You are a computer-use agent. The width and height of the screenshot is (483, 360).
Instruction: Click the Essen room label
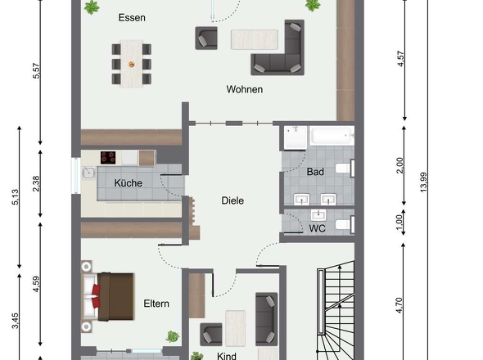(x=132, y=17)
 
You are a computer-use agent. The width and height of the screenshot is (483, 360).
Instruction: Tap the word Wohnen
(x=245, y=89)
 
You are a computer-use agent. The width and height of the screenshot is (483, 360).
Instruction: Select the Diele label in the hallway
(x=232, y=200)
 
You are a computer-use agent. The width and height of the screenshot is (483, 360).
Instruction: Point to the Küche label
(x=129, y=183)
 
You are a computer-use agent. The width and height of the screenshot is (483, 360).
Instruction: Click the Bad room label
(x=315, y=172)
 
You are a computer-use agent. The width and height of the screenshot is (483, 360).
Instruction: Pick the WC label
(x=318, y=228)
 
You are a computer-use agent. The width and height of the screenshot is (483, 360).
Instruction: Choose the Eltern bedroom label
(x=156, y=304)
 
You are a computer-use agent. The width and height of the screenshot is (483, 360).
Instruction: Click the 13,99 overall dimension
(x=424, y=182)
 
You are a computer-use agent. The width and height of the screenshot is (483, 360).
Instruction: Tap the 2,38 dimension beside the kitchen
(x=36, y=183)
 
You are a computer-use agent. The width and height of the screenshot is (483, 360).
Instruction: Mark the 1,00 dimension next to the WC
(x=399, y=222)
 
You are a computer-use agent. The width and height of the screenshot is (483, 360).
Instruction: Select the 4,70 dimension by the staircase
(x=399, y=305)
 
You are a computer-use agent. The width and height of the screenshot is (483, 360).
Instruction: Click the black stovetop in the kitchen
(x=108, y=157)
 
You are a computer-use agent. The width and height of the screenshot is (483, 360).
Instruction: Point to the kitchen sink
(x=88, y=173)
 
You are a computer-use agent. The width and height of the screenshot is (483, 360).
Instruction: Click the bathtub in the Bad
(x=332, y=135)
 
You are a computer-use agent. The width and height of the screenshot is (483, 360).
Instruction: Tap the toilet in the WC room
(x=345, y=224)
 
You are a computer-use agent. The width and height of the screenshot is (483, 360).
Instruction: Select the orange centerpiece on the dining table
(x=132, y=65)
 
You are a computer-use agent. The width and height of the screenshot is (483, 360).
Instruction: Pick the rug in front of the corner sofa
(x=255, y=39)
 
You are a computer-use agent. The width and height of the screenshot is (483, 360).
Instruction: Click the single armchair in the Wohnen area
(x=206, y=38)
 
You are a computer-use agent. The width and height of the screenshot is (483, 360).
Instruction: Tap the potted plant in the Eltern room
(x=173, y=336)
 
